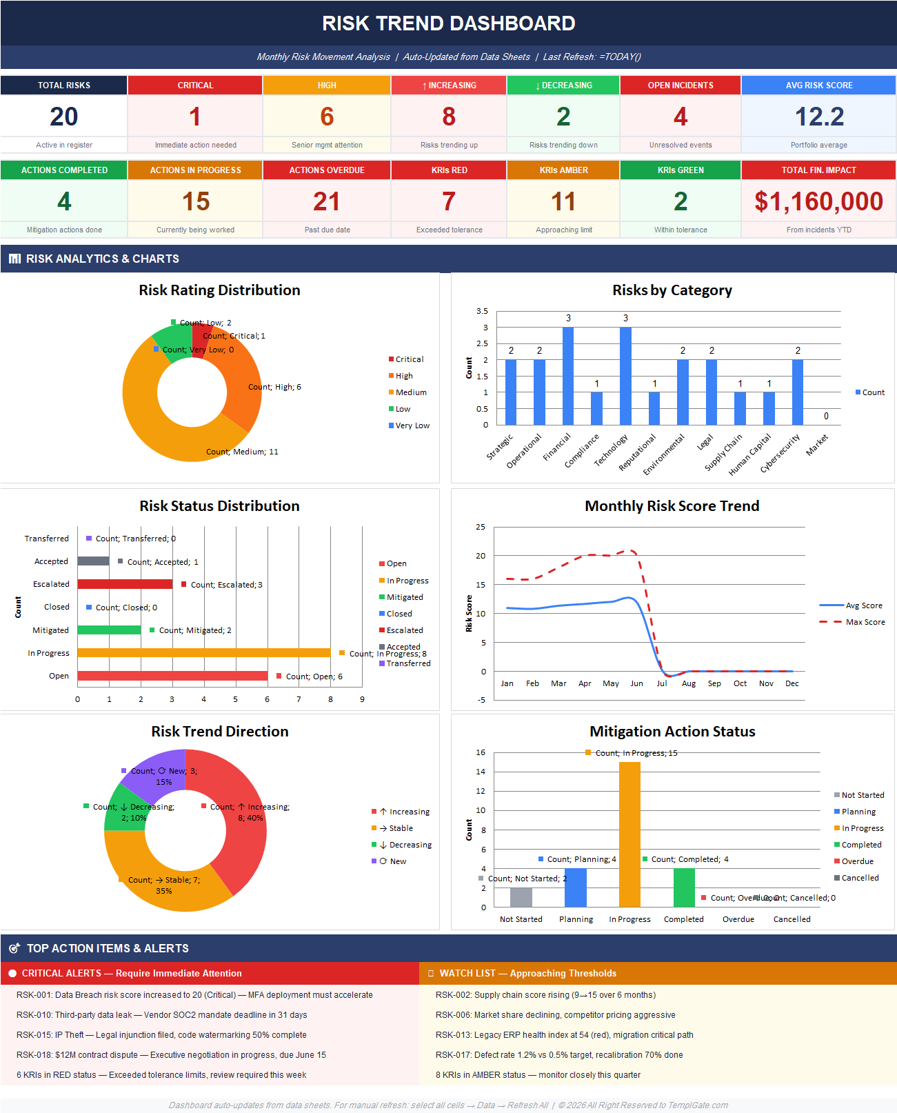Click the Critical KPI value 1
coord(195,117)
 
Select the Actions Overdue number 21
coord(327,201)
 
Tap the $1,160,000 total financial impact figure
coord(818,201)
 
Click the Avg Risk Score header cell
coord(818,86)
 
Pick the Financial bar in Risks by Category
coord(568,376)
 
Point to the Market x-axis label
coord(818,445)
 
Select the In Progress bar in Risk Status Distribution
coord(204,652)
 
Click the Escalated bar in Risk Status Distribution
coord(125,584)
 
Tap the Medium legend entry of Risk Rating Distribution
coord(410,392)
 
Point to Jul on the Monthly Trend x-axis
coord(662,683)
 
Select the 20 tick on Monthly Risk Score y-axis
coord(481,556)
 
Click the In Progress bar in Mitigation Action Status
coord(629,834)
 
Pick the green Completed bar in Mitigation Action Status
coord(684,888)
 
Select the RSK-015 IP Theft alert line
coord(161,1035)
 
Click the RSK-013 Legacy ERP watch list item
coord(564,1035)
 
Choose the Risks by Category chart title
coord(672,290)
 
